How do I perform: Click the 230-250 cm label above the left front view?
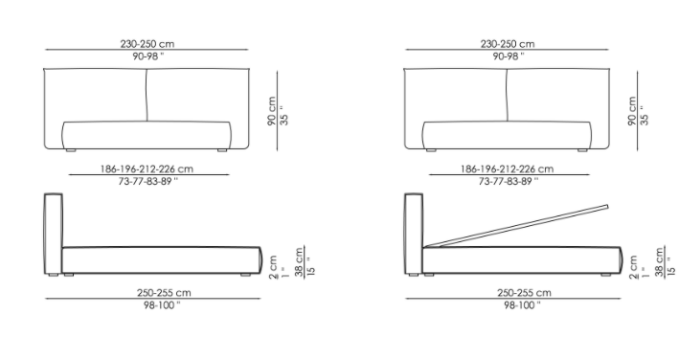pyautogui.click(x=147, y=44)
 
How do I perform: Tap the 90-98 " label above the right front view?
pyautogui.click(x=509, y=56)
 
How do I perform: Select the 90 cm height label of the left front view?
pyautogui.click(x=272, y=111)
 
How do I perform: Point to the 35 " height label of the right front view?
pyautogui.click(x=645, y=115)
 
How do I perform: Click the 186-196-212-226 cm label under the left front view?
pyautogui.click(x=147, y=169)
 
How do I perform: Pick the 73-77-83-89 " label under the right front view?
pyautogui.click(x=509, y=181)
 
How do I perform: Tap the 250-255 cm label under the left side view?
pyautogui.click(x=164, y=293)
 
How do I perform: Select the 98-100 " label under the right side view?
pyautogui.click(x=522, y=305)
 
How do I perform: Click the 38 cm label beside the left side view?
pyautogui.click(x=299, y=262)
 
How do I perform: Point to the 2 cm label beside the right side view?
pyautogui.click(x=633, y=267)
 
